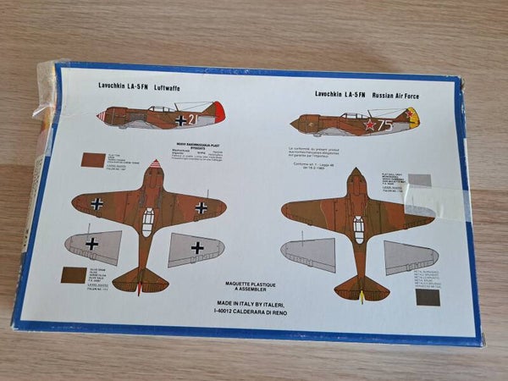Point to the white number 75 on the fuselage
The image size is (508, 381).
[384, 124]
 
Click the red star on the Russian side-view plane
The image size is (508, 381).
[369, 125]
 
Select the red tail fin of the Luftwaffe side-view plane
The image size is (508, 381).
[218, 111]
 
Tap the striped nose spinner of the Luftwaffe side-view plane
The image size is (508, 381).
[102, 116]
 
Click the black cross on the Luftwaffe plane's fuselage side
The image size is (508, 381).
[180, 120]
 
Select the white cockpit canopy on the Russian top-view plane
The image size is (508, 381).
[358, 229]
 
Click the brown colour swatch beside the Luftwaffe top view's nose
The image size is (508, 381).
[92, 160]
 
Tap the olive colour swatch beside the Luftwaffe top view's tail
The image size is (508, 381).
[74, 275]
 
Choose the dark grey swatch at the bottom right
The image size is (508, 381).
[428, 297]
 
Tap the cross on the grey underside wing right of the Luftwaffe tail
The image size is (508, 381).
[196, 247]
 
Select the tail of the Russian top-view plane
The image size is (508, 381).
[362, 288]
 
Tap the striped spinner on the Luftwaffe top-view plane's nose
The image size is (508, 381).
[155, 164]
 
